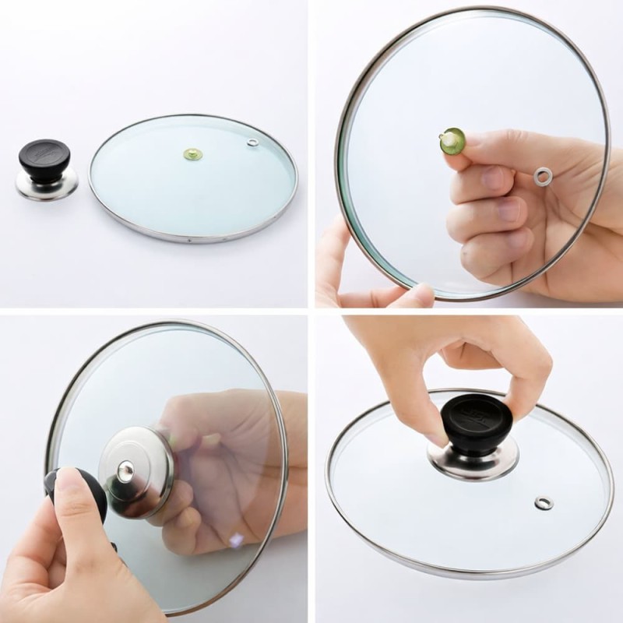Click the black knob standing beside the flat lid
44,160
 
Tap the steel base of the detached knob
47,185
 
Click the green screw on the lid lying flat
192,154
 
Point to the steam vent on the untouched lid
252,143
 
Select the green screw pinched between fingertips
451,142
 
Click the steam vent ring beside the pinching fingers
543,177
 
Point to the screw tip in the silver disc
125,469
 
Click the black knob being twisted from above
477,424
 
